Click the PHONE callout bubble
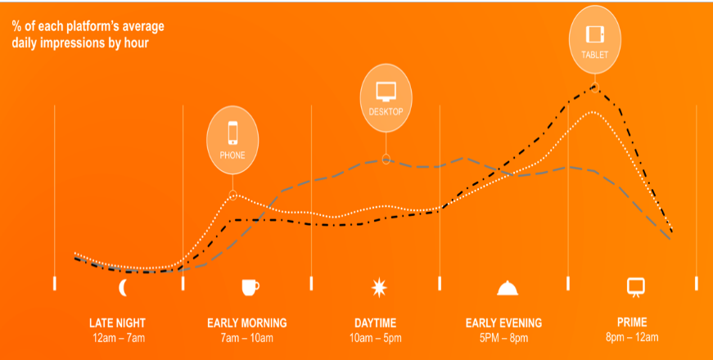232,140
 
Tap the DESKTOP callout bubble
386,97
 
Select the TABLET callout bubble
595,39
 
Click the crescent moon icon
123,288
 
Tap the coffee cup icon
250,287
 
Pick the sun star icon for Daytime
379,288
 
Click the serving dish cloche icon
508,288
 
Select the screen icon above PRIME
636,287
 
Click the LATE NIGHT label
117,323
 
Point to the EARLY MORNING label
247,323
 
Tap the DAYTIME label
376,323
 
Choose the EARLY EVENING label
503,323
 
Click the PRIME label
632,322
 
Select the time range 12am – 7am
118,338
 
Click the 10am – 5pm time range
376,338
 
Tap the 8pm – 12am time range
632,337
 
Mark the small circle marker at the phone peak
232,196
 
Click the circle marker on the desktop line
386,159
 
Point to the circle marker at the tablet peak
595,88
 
